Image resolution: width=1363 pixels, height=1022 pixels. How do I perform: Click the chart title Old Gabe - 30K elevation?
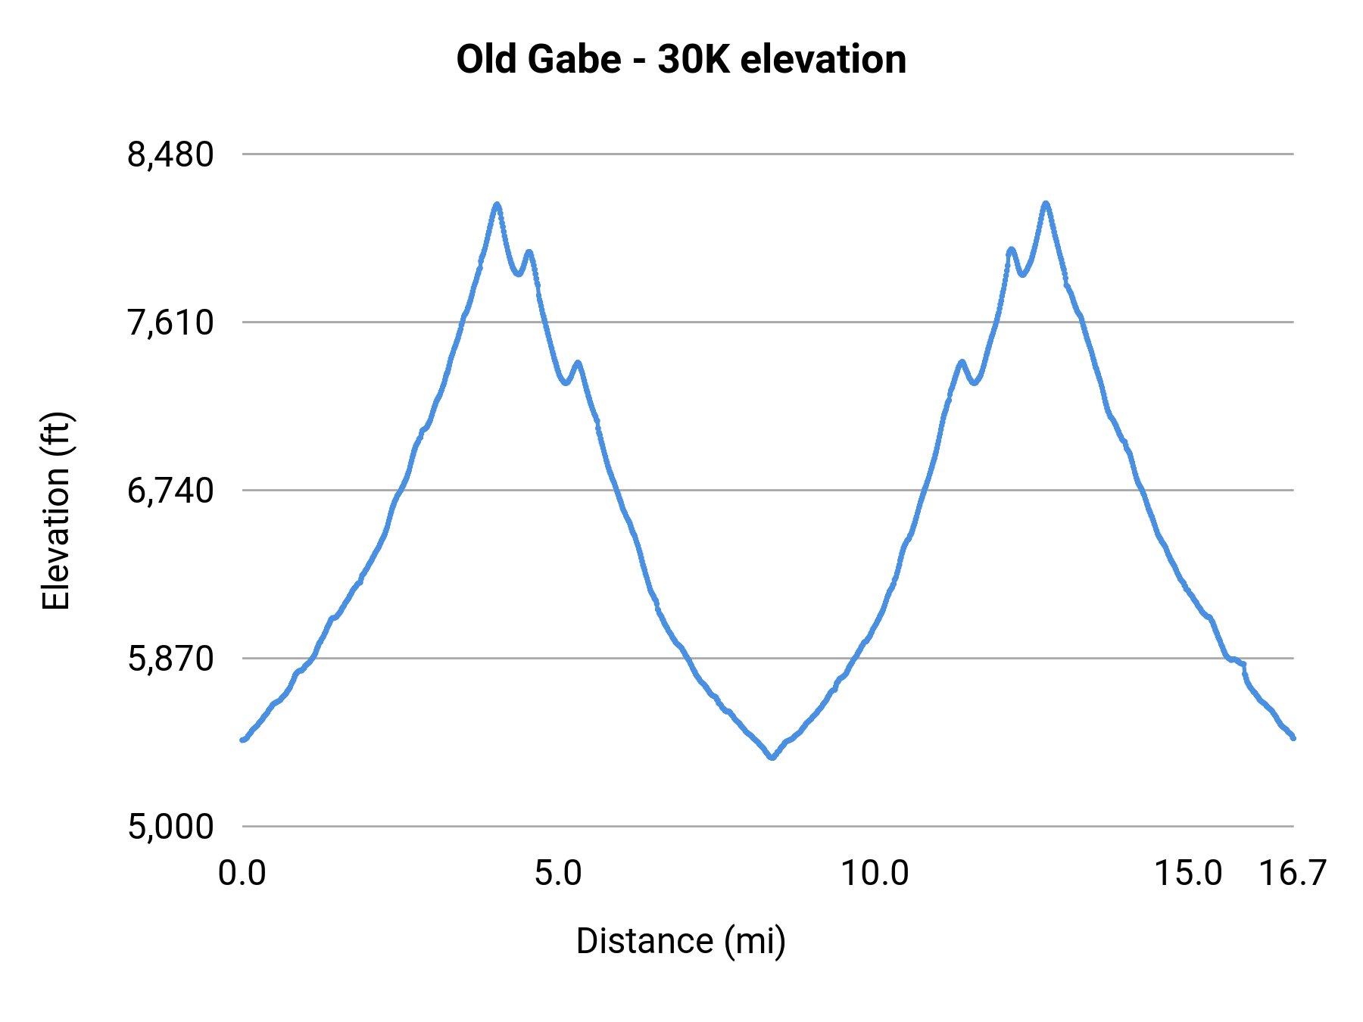coord(681,60)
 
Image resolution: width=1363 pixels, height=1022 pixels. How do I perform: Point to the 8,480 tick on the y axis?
coord(170,155)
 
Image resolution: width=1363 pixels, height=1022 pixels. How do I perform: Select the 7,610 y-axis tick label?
coord(170,323)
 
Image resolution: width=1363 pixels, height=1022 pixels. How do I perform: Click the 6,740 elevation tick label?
coord(170,491)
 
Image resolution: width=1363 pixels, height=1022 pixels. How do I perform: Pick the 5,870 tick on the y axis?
coord(170,659)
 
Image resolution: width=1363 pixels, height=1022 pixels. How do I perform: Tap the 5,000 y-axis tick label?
coord(170,827)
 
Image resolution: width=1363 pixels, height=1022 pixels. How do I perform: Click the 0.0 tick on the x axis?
coord(242,874)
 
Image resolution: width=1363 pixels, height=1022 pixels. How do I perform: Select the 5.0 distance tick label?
coord(558,874)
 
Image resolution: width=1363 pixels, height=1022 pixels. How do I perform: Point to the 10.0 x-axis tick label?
coord(875,874)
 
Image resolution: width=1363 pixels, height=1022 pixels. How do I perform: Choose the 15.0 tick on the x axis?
coord(1188,874)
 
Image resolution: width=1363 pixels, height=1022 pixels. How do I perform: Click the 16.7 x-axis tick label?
coord(1293,874)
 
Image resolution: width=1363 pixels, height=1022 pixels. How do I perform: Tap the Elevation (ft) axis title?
coord(56,511)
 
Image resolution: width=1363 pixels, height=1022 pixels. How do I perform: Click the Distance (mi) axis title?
coord(681,941)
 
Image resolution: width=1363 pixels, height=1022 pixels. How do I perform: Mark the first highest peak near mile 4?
coord(497,204)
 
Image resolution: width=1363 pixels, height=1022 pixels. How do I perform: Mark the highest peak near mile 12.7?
coord(1046,204)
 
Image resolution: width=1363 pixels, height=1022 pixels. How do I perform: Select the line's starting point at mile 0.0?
coord(242,740)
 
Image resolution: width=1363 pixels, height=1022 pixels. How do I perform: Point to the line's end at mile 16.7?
coord(1293,737)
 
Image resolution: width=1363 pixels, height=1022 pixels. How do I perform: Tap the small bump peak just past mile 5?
coord(579,363)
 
